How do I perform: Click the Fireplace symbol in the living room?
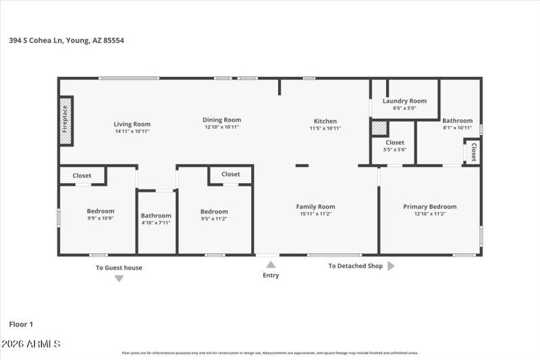point(65,122)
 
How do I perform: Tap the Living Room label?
point(132,124)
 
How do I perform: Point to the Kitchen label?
point(325,122)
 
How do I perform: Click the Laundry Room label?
point(404,101)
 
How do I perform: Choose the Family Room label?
point(316,207)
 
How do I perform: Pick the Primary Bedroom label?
point(430,207)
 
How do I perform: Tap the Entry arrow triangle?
point(271,265)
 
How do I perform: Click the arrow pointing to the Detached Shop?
point(391,266)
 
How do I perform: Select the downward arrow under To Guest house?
point(119,278)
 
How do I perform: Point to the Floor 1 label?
point(21,324)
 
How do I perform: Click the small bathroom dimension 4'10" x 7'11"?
point(156,223)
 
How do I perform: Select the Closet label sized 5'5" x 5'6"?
point(395,143)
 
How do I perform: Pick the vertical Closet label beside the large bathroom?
point(474,151)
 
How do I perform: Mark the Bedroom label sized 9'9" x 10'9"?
point(101,211)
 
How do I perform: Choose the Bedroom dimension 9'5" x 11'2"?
point(214,218)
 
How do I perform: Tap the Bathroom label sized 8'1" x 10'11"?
point(457,121)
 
